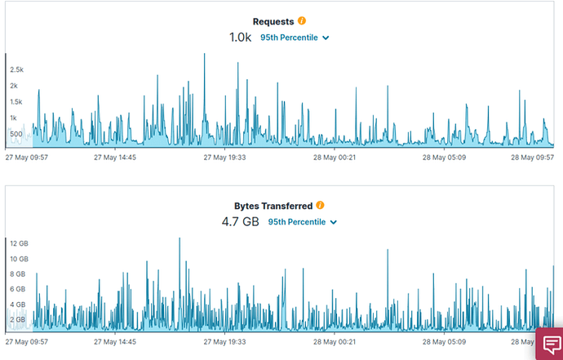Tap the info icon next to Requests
click(x=302, y=21)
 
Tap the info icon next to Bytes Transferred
click(x=321, y=206)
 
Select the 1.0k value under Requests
click(x=240, y=38)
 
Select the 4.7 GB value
click(x=240, y=221)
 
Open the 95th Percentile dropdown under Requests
click(x=295, y=38)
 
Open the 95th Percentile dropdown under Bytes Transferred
click(x=303, y=222)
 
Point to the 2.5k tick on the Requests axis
click(x=17, y=69)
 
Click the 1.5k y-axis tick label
click(x=17, y=102)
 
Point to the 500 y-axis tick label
click(x=16, y=134)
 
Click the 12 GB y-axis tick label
click(x=19, y=243)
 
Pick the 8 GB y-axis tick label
click(x=18, y=274)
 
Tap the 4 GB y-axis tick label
click(x=18, y=304)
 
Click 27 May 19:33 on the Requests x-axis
click(x=224, y=158)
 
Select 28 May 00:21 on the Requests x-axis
click(x=335, y=158)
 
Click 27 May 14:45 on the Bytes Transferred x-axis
click(x=114, y=343)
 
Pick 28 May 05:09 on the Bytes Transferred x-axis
click(x=444, y=343)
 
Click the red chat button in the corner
click(x=548, y=344)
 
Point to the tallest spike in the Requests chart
click(x=204, y=55)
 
